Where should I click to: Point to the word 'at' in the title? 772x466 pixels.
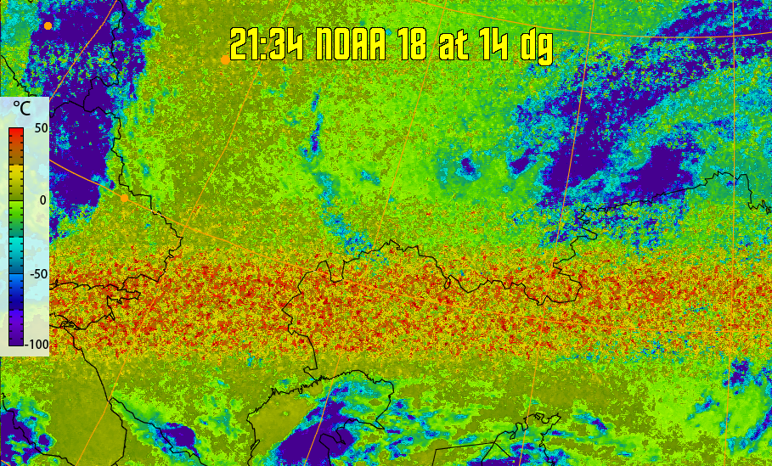(x=454, y=46)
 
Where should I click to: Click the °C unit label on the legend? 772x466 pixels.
(x=22, y=109)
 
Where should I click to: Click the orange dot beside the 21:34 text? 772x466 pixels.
(x=224, y=59)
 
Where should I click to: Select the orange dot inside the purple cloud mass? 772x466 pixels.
(x=48, y=25)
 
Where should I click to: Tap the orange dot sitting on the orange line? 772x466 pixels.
(x=124, y=198)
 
